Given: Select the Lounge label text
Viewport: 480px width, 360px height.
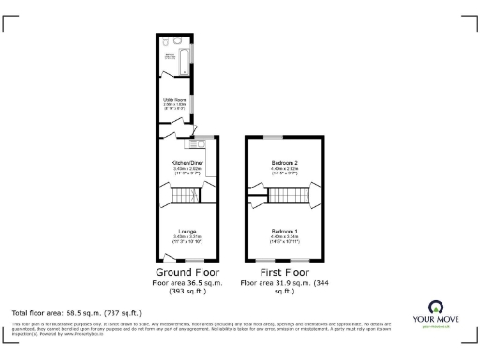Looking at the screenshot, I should click(187, 230).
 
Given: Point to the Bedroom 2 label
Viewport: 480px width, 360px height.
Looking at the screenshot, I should click(284, 163).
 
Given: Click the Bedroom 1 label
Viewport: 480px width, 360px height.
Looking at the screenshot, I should click(284, 230).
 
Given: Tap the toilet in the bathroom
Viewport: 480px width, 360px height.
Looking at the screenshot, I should click(165, 42).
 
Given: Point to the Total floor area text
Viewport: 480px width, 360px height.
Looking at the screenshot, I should click(75, 310).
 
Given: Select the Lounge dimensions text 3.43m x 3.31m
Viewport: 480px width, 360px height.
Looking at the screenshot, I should click(187, 236).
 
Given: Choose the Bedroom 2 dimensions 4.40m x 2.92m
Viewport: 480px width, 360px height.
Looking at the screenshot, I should click(284, 169).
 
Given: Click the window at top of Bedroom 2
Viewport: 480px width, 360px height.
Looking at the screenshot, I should click(280, 138).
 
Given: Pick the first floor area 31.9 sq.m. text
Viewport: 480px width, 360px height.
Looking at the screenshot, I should click(284, 282).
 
